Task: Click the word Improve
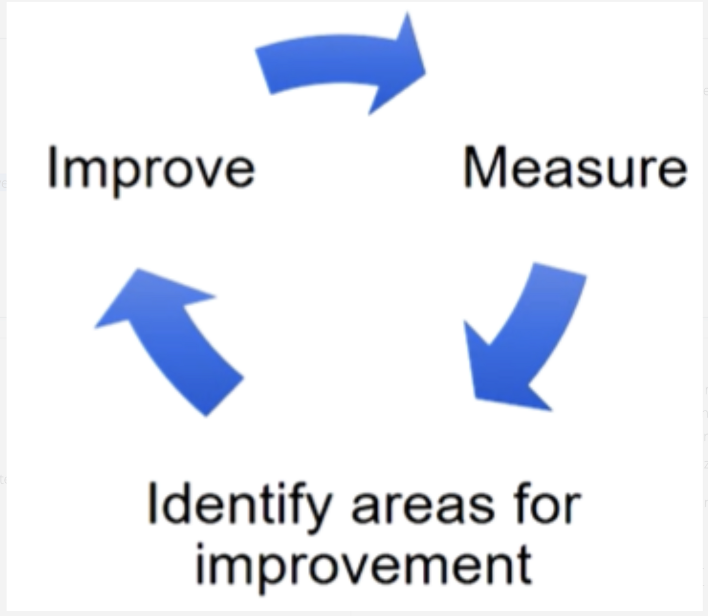point(151,169)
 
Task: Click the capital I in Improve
point(52,168)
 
